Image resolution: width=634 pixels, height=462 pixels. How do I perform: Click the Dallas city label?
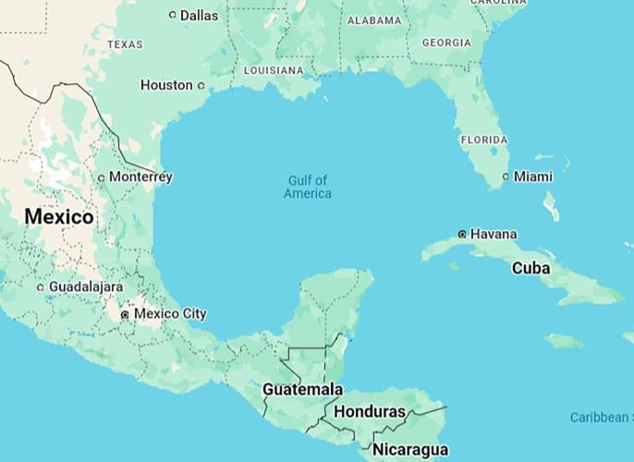200,15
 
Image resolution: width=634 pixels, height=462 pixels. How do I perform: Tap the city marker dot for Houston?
201,86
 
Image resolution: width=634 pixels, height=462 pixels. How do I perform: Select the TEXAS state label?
125,44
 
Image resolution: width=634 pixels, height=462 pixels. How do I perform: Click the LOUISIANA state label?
274,70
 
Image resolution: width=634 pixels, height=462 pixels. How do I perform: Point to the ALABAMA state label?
373,20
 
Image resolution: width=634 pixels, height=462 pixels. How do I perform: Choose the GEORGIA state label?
446,43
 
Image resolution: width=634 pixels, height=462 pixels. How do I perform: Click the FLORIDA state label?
484,140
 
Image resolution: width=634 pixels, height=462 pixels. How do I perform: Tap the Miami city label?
533,176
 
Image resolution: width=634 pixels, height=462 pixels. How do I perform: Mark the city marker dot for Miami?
506,176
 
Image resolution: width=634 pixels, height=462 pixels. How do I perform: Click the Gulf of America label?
308,187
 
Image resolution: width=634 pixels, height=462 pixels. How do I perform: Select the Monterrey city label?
140,176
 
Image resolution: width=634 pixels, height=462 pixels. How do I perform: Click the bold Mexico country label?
59,217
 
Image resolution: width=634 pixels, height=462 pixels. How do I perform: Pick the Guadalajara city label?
85,287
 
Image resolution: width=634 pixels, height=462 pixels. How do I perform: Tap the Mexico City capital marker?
125,315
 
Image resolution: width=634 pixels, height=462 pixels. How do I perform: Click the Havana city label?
494,235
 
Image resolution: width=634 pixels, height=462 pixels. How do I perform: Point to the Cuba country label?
531,268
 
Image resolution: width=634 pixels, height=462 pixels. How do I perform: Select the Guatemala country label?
302,390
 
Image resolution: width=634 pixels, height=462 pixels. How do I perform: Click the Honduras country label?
370,412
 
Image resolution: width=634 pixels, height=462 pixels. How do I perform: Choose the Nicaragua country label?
410,450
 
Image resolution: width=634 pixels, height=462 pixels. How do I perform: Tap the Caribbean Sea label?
601,418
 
